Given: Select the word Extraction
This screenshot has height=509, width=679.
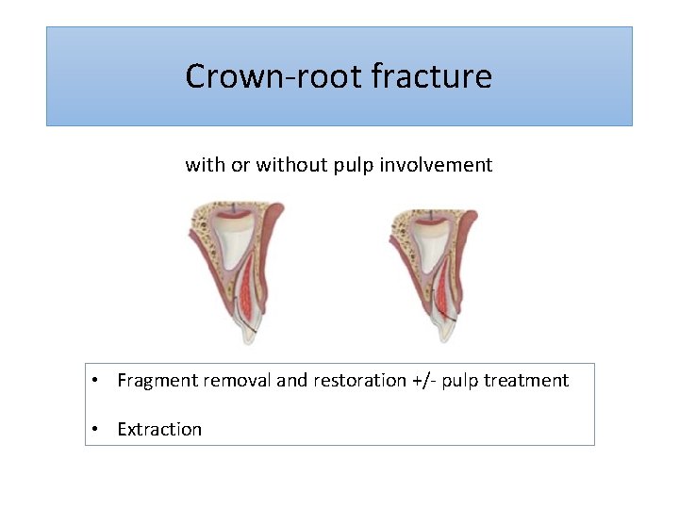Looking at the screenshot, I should click(159, 430).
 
